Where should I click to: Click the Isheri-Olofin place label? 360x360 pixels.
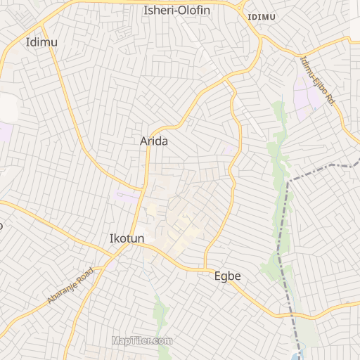click(x=176, y=11)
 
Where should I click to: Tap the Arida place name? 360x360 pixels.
click(x=154, y=141)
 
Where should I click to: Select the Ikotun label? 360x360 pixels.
click(x=127, y=239)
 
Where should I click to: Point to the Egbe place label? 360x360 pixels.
click(x=227, y=276)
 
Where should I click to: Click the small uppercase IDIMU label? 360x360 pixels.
click(x=262, y=16)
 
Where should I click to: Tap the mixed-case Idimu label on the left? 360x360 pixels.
click(x=41, y=42)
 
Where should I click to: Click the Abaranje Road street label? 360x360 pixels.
click(x=70, y=285)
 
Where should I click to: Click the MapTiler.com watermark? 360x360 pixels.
click(x=142, y=341)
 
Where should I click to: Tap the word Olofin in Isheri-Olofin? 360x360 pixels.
click(x=194, y=11)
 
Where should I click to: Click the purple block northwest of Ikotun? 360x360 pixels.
click(x=127, y=197)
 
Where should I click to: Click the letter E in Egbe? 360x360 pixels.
click(x=218, y=276)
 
